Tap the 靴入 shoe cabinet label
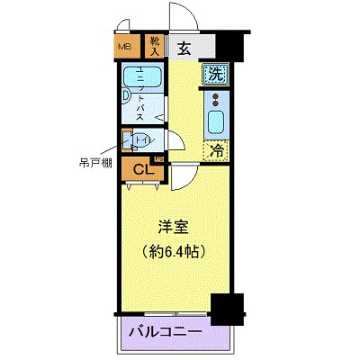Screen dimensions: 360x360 [x=154, y=46]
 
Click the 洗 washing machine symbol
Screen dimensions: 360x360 [x=215, y=76]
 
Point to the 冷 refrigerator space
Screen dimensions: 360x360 [x=215, y=151]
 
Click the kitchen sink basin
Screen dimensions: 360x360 [x=216, y=121]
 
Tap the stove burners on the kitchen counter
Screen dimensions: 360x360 [x=216, y=99]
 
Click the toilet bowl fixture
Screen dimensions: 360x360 [x=130, y=140]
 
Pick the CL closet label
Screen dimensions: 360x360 [x=142, y=168]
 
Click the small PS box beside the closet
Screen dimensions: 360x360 [x=159, y=160]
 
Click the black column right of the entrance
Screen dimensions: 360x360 [x=233, y=43]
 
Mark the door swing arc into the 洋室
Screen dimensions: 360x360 [x=179, y=177]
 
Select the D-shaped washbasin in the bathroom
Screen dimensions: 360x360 [x=126, y=101]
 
